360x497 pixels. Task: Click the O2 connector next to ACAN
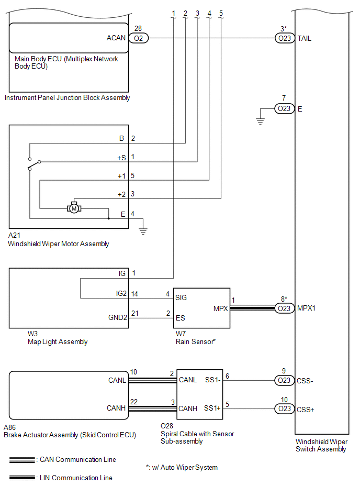[x=138, y=38]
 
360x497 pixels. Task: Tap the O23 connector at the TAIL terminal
[x=284, y=38]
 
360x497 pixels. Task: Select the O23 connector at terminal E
[x=284, y=108]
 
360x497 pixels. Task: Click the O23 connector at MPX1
[x=284, y=308]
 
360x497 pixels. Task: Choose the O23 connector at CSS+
[x=284, y=408]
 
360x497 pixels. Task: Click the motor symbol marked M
[x=74, y=208]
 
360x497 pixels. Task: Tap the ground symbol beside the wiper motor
[x=142, y=229]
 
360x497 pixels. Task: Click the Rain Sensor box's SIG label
[x=181, y=297]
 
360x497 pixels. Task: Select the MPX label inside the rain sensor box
[x=220, y=308]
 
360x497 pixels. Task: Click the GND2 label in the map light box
[x=118, y=318]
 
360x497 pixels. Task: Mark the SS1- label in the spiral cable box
[x=212, y=380]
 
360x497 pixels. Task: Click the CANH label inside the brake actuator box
[x=116, y=408]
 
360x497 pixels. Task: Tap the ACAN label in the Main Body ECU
[x=116, y=38]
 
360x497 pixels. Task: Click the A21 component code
[x=14, y=236]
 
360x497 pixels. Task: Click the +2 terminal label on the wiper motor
[x=121, y=194]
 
